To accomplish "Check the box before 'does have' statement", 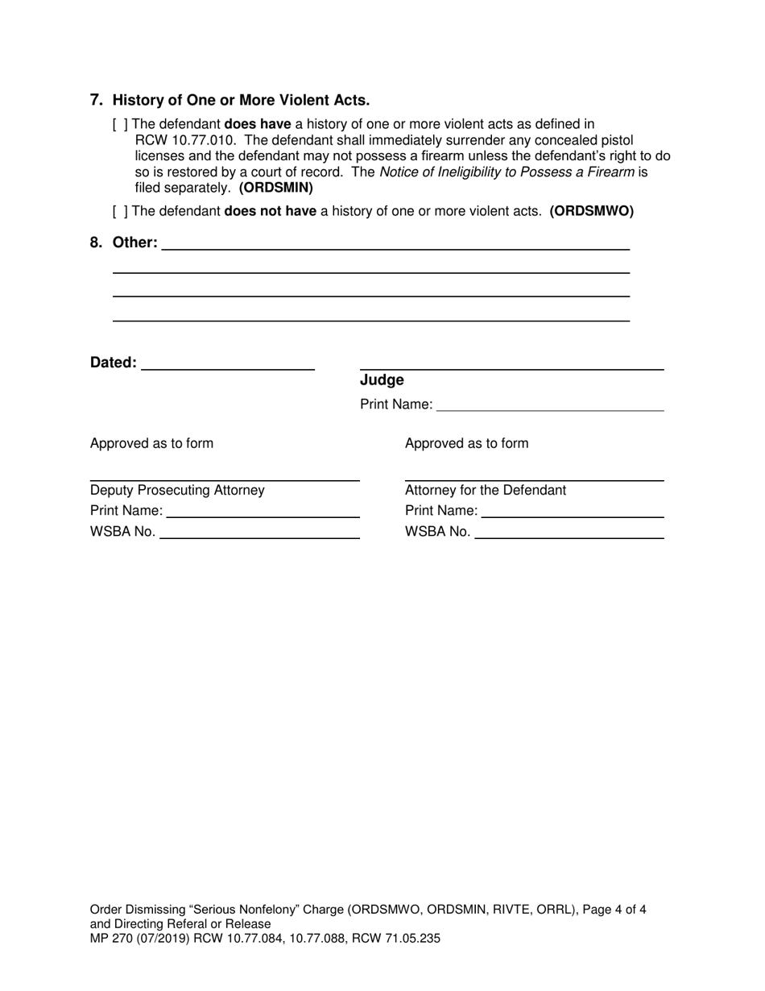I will click(120, 124).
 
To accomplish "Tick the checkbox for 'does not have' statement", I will click(120, 212).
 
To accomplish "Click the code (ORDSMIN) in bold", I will click(276, 188).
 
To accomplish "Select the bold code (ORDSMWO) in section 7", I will click(592, 212).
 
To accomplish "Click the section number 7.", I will click(97, 101).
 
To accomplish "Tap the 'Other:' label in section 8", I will click(135, 243).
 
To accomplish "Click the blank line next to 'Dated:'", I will click(227, 363).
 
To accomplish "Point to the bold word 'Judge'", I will click(382, 380).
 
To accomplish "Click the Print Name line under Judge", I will click(550, 404).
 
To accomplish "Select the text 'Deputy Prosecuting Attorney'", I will click(177, 491).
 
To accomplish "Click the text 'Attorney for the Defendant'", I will click(486, 491).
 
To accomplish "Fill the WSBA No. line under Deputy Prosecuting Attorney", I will click(259, 532).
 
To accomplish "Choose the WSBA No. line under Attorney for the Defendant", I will click(569, 532).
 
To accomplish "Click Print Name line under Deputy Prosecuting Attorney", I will click(263, 512).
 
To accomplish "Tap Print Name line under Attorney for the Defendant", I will click(573, 512).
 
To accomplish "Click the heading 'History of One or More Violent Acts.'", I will click(242, 101).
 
